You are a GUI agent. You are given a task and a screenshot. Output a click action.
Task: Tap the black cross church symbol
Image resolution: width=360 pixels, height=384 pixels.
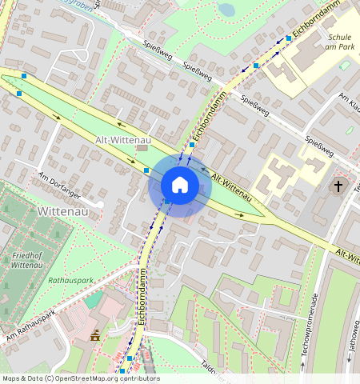tap(338, 186)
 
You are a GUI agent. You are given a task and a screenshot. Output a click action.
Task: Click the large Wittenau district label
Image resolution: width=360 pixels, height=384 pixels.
tap(67, 212)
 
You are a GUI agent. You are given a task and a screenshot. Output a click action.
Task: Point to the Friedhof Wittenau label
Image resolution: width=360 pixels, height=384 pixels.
tap(27, 259)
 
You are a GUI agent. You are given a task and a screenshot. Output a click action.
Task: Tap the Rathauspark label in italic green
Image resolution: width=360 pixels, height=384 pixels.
tap(72, 281)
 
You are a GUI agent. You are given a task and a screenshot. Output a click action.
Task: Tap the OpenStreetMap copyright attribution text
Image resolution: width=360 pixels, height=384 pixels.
tap(81, 378)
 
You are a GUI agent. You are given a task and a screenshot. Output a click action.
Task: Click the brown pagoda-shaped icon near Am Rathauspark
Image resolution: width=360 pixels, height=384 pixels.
tap(95, 334)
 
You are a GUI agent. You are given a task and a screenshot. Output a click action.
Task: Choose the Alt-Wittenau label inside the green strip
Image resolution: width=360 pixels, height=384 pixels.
tap(118, 140)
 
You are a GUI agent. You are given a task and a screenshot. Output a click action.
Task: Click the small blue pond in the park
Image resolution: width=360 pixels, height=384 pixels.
tap(226, 10)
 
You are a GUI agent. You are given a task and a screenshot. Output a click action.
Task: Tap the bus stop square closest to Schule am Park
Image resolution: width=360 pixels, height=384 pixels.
tap(289, 38)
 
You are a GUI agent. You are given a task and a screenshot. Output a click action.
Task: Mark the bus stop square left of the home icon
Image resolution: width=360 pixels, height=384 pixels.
tap(146, 170)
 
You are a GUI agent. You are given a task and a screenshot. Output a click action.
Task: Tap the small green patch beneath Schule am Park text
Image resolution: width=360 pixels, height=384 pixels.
tap(344, 65)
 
